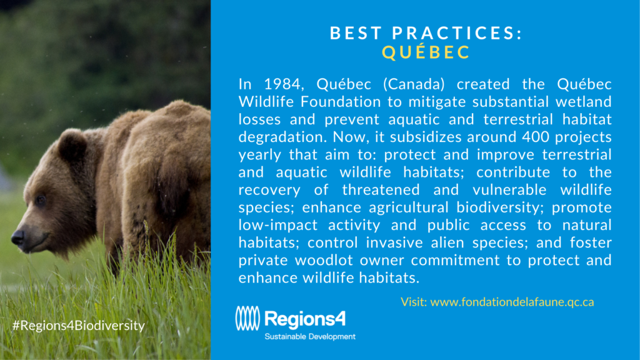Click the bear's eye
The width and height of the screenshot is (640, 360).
coord(41,199)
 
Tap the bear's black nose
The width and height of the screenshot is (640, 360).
coord(17,237)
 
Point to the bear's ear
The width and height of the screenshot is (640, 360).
coord(72,146)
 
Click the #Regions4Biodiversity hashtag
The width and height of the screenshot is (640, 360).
coord(78,325)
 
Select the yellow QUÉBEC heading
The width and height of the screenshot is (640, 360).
coord(426,52)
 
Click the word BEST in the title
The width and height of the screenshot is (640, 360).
coord(356,34)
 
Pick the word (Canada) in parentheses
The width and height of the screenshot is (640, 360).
coord(414,84)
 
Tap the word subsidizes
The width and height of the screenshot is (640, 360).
coord(426,137)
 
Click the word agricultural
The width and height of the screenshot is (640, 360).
coord(409,207)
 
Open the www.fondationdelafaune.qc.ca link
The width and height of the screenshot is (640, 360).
coord(512,302)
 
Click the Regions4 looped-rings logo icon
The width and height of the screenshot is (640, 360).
coord(247,318)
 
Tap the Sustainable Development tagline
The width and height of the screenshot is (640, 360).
coord(310,337)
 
